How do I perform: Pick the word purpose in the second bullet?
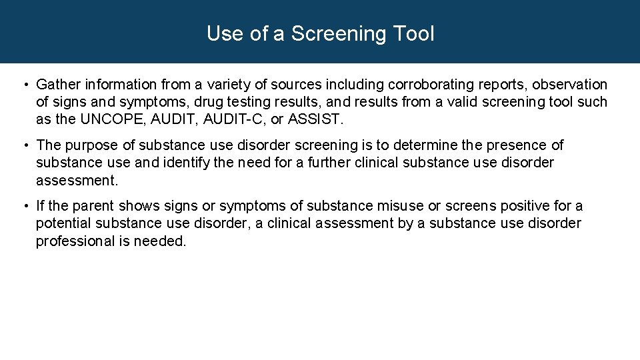tap(87, 145)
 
